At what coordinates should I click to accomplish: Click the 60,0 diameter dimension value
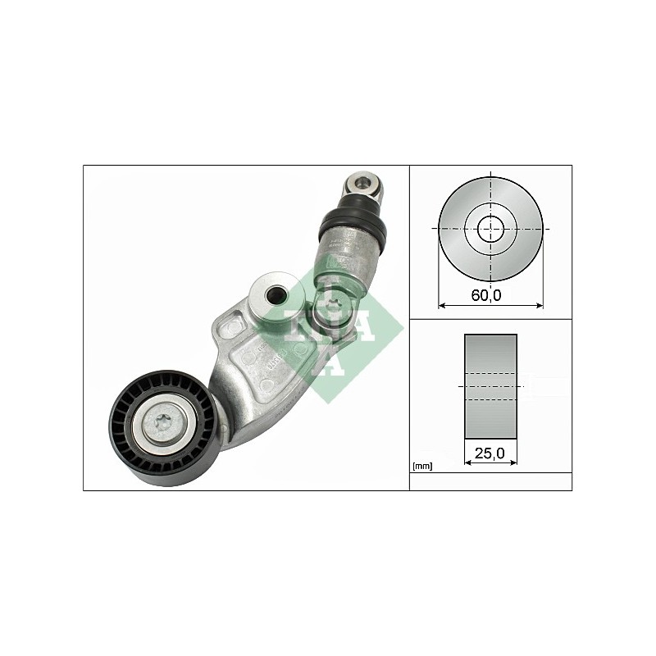click(485, 295)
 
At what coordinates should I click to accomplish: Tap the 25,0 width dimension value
click(490, 453)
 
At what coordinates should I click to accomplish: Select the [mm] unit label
click(422, 466)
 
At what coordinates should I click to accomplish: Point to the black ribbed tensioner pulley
click(164, 427)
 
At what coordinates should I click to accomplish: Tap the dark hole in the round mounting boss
click(276, 296)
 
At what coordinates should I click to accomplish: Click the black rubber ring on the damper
click(352, 224)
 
